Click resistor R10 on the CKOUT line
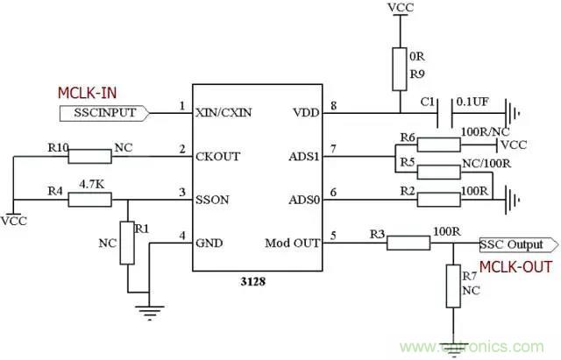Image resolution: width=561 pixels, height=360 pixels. click(89, 156)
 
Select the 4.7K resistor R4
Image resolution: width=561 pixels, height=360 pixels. click(89, 200)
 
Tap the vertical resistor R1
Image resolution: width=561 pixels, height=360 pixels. click(127, 243)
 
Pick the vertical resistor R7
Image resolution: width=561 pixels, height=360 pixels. click(453, 283)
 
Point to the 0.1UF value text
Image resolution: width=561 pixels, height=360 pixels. click(476, 102)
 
